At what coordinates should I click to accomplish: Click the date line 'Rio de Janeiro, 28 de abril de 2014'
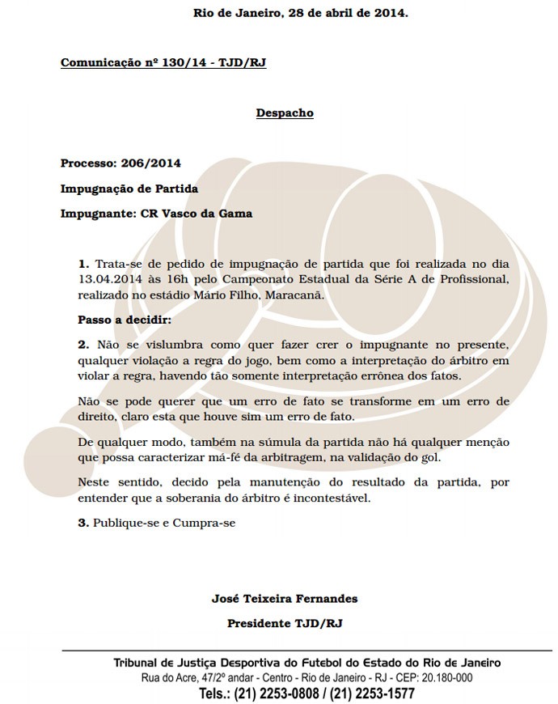click(x=300, y=13)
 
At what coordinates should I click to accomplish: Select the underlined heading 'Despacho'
click(x=285, y=112)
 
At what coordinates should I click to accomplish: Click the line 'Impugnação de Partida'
click(x=129, y=189)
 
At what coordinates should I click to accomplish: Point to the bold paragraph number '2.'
click(x=83, y=344)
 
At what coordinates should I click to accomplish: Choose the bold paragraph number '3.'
click(x=83, y=523)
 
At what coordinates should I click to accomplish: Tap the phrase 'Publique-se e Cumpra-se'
click(x=164, y=523)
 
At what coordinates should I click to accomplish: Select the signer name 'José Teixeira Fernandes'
click(x=285, y=599)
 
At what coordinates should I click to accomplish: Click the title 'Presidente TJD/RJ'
click(x=285, y=624)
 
